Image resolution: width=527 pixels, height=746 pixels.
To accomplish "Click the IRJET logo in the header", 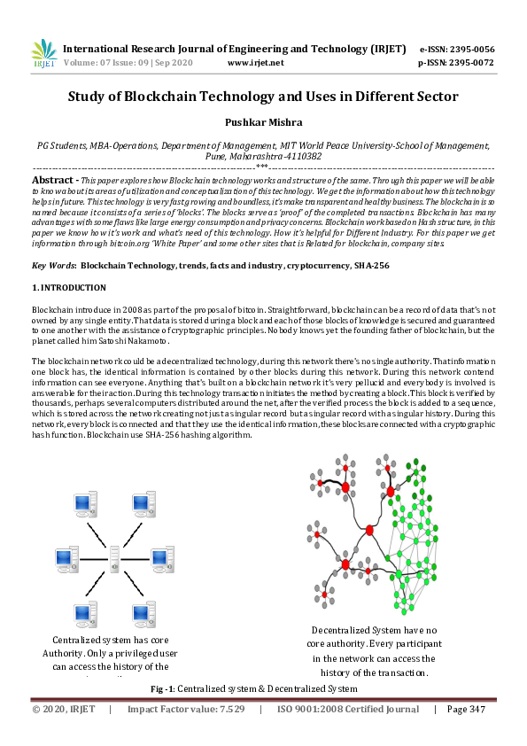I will coord(43,54).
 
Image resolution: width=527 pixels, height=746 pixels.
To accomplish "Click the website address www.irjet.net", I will coord(255,63).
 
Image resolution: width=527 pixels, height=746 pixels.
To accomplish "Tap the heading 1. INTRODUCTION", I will coord(69,288).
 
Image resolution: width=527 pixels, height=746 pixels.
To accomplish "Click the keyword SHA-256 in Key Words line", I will coord(371,265).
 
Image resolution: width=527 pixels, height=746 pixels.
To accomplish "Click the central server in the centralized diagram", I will coord(114,559).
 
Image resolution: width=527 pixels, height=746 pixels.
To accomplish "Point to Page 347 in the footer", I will coord(466,709).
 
